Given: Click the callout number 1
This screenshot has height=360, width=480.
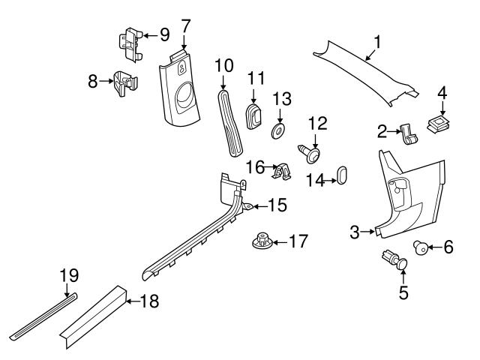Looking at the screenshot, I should click(x=377, y=42).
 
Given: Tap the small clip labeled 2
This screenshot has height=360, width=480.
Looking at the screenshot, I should click(x=409, y=134).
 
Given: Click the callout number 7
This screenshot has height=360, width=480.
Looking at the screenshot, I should click(x=185, y=25).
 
